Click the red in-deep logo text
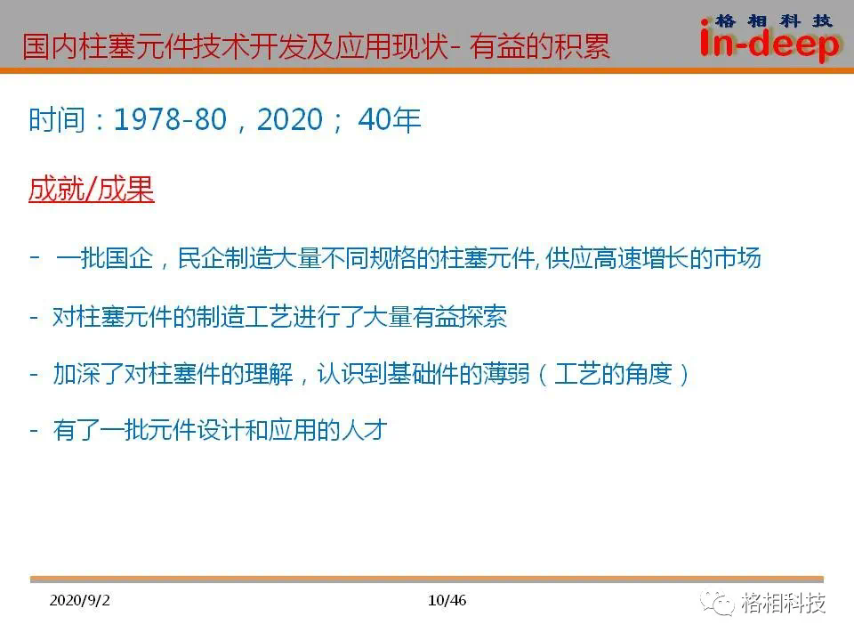click(769, 44)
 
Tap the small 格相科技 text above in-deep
click(773, 20)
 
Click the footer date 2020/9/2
click(79, 600)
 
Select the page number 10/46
click(447, 600)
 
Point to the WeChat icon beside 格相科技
click(717, 603)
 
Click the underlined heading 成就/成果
click(92, 189)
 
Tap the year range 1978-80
click(170, 119)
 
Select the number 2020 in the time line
click(290, 119)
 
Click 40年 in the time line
click(390, 119)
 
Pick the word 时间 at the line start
click(57, 119)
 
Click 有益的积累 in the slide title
click(539, 45)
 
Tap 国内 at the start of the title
click(50, 45)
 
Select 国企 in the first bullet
click(129, 258)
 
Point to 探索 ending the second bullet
click(483, 317)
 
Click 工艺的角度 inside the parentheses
click(613, 374)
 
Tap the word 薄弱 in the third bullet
click(506, 374)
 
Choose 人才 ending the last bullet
click(363, 430)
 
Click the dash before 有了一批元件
click(35, 431)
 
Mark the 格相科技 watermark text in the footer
click(783, 603)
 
